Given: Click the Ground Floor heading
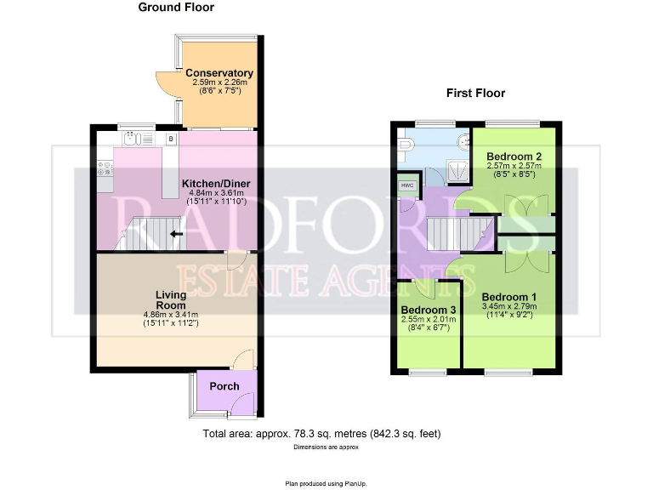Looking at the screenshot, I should pos(176,8).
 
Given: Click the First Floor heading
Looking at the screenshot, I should pos(476,94).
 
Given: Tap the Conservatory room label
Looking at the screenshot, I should pos(219,73).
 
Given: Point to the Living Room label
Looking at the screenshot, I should pos(171,299).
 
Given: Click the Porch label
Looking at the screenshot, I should pos(224,386).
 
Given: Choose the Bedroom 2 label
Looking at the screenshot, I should pos(514,157).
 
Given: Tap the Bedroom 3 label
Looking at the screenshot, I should pos(429,310).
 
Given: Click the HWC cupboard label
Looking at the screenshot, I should pos(406,185).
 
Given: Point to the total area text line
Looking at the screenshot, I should pos(321,434).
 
